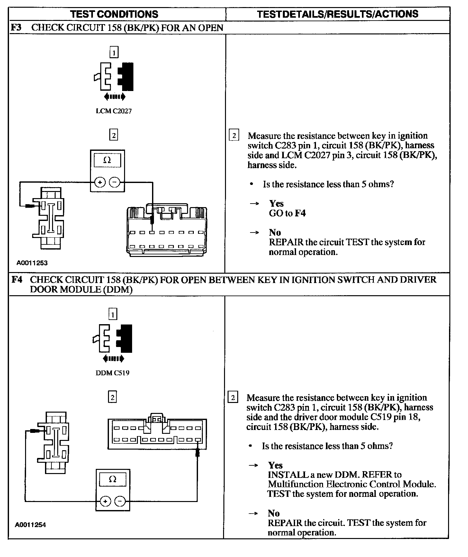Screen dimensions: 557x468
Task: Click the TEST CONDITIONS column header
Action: tap(114, 14)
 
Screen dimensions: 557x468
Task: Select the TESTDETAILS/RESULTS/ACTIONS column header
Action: tap(338, 14)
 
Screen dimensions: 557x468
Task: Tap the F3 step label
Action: tap(16, 27)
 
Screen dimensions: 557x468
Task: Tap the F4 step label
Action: tap(17, 279)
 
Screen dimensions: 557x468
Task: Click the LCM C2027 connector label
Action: tap(114, 111)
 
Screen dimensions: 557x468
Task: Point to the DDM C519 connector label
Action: tap(113, 373)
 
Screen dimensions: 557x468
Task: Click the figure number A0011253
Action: tap(32, 263)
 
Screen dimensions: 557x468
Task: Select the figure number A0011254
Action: tap(31, 525)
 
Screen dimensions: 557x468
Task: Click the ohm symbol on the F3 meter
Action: tap(107, 160)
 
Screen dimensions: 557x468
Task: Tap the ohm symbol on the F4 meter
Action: tap(113, 479)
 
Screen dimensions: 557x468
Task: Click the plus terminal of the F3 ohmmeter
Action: tap(100, 183)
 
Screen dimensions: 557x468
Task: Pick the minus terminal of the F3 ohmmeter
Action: tap(114, 183)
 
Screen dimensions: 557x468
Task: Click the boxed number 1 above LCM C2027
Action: tap(114, 52)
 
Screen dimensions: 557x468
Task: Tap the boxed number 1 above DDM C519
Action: tap(113, 314)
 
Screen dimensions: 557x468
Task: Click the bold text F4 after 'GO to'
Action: tap(300, 213)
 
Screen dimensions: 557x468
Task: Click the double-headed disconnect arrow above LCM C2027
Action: tap(115, 96)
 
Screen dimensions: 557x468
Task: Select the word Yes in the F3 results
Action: tap(276, 204)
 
